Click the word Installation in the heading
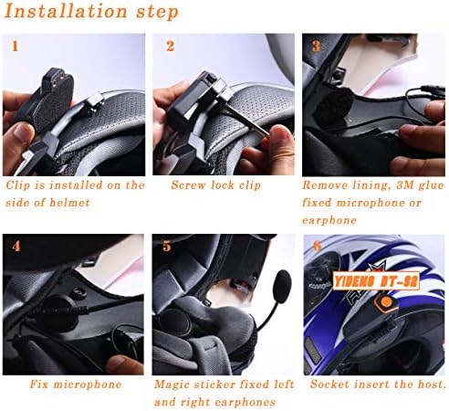[x=66, y=11]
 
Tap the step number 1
[x=15, y=47]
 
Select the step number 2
[x=171, y=47]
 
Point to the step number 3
[x=317, y=46]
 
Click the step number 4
[x=16, y=247]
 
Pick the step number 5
[x=167, y=247]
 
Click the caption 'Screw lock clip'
[x=216, y=184]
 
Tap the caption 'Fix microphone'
[x=76, y=385]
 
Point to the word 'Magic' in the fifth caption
[x=172, y=385]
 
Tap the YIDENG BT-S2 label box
[x=376, y=281]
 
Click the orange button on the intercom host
[x=386, y=302]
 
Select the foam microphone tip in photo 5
[x=283, y=287]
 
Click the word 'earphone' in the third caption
[x=329, y=220]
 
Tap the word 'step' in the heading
[x=157, y=12]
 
